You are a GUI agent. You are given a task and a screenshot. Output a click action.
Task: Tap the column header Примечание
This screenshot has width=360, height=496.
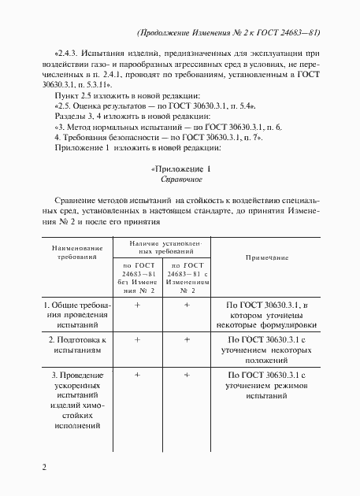(266, 257)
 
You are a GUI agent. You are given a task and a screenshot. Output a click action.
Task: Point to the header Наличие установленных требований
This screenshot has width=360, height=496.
(161, 247)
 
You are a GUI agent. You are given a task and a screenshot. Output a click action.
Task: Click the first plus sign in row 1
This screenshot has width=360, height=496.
(137, 303)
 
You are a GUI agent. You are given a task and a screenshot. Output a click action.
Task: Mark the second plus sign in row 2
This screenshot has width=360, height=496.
(187, 339)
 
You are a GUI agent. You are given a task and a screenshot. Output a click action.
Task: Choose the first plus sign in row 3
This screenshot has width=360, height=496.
(137, 376)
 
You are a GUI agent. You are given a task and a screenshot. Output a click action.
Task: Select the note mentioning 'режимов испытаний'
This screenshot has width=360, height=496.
(266, 387)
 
